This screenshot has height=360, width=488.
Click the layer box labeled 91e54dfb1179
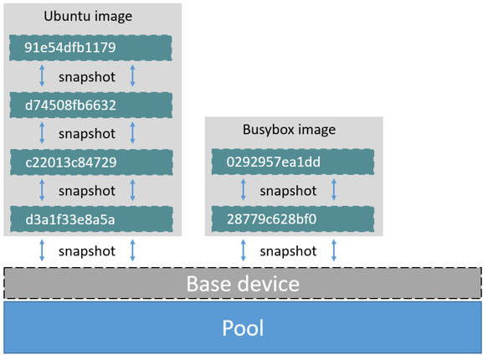(91, 48)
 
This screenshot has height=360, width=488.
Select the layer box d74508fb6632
(91, 105)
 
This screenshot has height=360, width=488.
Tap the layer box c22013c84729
(91, 162)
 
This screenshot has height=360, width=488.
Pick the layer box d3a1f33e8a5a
(91, 219)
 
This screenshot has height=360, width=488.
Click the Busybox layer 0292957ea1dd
(294, 162)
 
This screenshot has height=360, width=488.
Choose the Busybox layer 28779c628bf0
(294, 219)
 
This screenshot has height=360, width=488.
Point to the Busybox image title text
(289, 130)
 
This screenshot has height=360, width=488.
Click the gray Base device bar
(243, 284)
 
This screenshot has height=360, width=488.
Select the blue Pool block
(243, 327)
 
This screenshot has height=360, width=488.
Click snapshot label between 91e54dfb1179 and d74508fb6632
(87, 76)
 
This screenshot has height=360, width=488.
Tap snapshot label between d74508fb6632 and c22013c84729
(87, 134)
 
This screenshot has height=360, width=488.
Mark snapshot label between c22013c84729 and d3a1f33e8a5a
(87, 191)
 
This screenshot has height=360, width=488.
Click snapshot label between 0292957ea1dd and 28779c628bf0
(288, 191)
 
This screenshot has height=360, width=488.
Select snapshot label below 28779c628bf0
(288, 250)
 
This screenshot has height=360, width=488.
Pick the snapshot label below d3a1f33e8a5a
(87, 250)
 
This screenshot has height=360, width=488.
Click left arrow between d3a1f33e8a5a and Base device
(43, 249)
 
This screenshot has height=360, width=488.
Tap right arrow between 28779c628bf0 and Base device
(334, 249)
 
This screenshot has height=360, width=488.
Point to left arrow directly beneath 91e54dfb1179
(43, 76)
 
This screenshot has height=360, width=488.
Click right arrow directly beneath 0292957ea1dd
(334, 191)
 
